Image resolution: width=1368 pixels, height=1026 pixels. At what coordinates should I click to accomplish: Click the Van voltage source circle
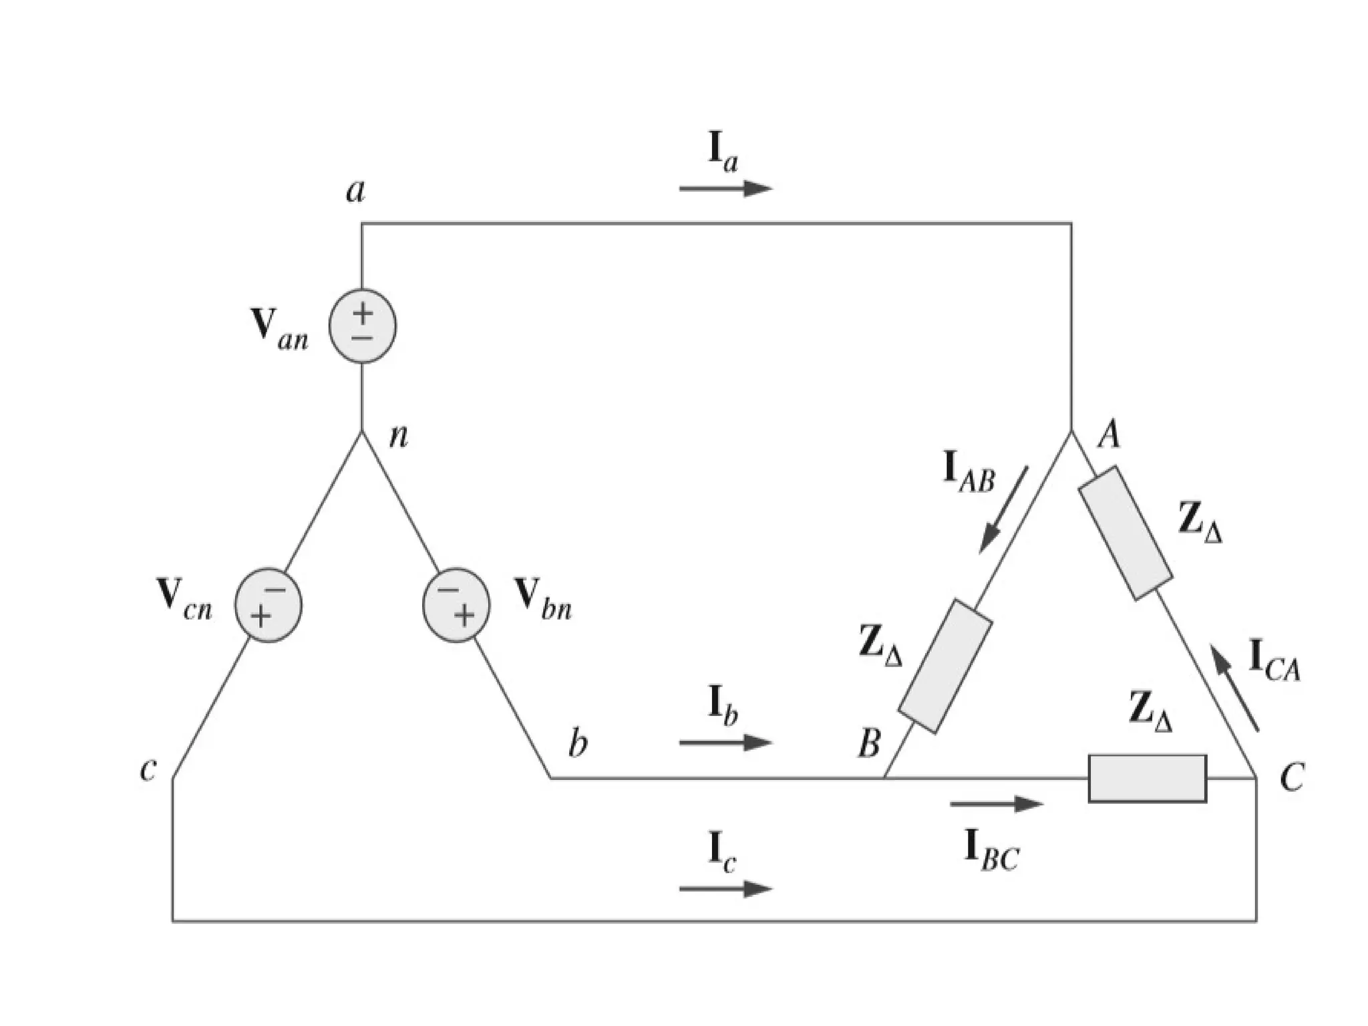point(362,326)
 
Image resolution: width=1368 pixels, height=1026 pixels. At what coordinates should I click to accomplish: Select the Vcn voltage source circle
point(268,606)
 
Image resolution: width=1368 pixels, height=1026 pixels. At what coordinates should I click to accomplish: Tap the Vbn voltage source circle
point(456,606)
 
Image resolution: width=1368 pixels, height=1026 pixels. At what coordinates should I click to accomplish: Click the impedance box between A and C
point(1126,533)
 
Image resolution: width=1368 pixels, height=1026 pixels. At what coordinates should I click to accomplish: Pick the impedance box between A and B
point(945,666)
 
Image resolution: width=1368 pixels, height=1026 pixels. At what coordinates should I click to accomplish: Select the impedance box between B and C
point(1147,778)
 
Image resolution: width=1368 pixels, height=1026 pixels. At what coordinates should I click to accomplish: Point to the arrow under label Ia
point(725,188)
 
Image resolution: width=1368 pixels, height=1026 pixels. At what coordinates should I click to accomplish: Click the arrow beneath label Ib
point(725,742)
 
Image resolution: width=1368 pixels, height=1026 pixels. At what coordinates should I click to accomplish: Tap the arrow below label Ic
point(725,888)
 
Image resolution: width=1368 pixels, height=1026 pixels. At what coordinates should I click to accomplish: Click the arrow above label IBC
point(996,804)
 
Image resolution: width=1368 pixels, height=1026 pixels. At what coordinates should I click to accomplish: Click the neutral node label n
point(398,436)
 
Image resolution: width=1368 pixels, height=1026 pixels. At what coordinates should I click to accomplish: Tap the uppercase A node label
point(1109,435)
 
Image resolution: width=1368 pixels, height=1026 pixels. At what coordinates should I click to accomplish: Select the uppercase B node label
point(869,743)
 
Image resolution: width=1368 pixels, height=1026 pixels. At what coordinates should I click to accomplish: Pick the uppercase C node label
point(1291,778)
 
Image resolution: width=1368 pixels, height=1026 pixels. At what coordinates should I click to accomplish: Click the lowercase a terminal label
point(356,191)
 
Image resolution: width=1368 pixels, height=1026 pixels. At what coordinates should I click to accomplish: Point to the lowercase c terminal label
point(148,770)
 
